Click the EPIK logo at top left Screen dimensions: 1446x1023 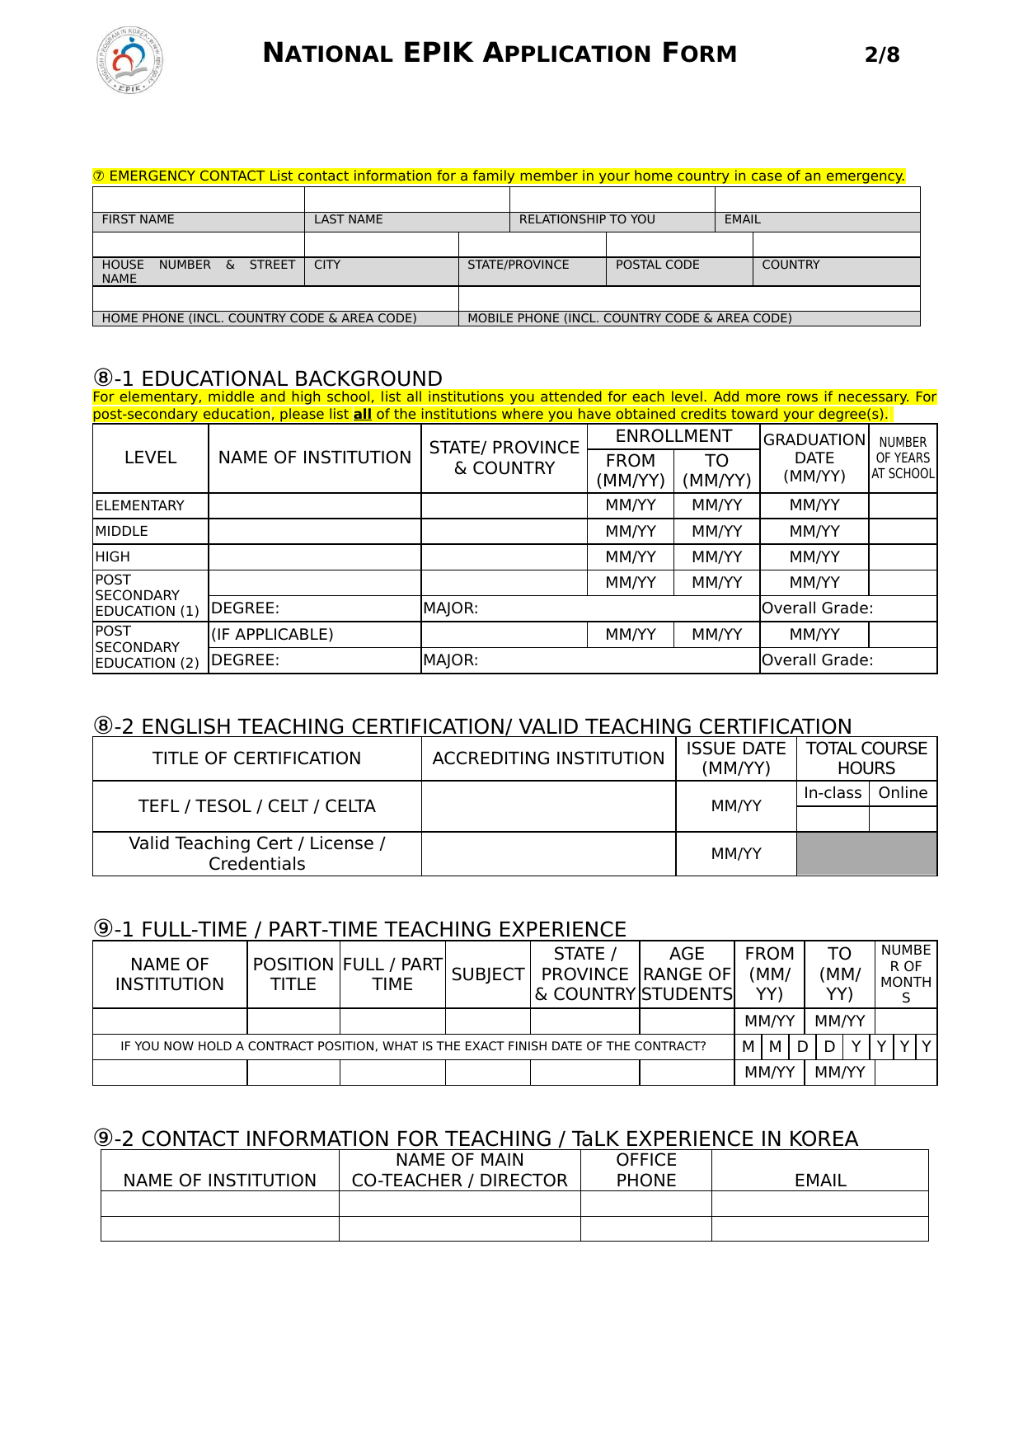[129, 59]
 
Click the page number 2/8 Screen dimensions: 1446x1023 [881, 55]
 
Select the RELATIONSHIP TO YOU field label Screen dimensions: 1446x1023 [587, 219]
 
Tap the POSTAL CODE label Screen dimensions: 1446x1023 [657, 265]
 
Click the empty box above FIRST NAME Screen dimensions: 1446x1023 [198, 200]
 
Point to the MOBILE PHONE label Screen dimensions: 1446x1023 [629, 318]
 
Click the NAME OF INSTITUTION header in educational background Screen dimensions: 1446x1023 [314, 458]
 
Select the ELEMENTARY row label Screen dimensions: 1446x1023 [140, 505]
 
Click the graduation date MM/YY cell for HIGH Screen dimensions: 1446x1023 [814, 557]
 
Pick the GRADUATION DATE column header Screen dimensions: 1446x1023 [814, 458]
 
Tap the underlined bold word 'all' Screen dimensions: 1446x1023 [362, 415]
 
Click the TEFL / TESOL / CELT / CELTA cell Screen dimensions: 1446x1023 [256, 806]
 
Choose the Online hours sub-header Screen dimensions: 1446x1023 [903, 793]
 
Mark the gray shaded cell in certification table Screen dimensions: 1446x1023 [866, 853]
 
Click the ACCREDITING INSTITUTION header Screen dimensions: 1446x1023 [548, 758]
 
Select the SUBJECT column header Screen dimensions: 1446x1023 [487, 974]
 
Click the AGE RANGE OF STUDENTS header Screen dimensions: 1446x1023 [687, 974]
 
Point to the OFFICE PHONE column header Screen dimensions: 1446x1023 [645, 1170]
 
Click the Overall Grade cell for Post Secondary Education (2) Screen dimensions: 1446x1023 [847, 660]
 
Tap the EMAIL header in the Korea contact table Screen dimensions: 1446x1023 [819, 1181]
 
